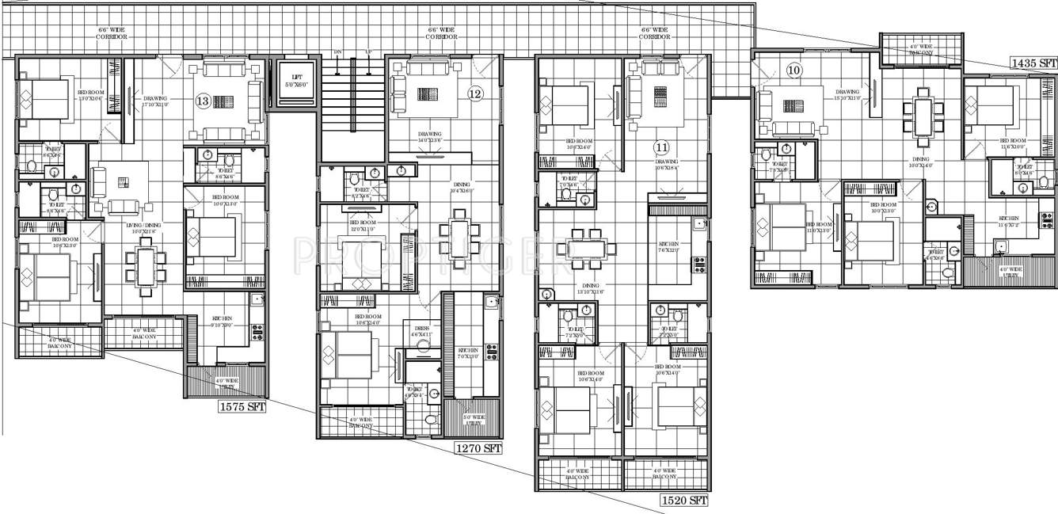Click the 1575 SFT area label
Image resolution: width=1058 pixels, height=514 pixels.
coord(242,408)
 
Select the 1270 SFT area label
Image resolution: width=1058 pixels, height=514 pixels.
coord(478,448)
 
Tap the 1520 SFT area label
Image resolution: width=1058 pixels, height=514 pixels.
coord(683,501)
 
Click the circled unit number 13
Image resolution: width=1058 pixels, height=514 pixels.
coord(203,101)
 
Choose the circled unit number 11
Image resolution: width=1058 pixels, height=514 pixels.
coord(662,147)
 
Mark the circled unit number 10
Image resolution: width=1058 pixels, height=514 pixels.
coord(793,71)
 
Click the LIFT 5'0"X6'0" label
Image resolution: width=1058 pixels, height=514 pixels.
coord(294,81)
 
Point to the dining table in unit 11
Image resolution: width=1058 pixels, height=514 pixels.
coord(586,248)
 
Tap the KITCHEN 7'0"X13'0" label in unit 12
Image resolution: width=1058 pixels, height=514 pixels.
coord(467,353)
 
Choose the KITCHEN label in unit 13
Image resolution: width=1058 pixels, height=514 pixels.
coord(222,322)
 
